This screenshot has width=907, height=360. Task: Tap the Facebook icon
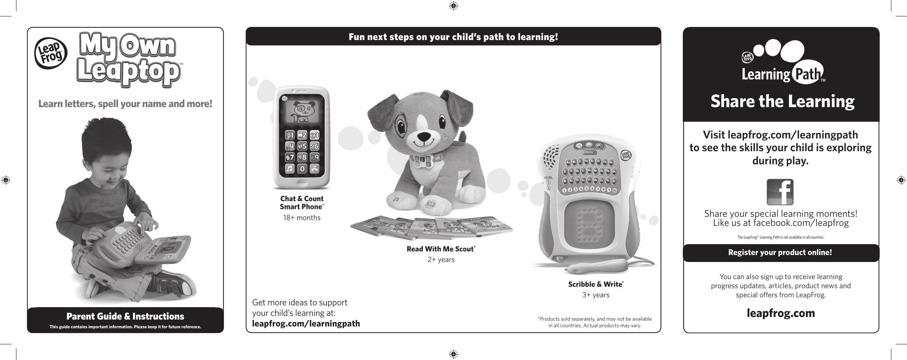tap(780, 192)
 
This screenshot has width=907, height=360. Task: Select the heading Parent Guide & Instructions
tap(125, 316)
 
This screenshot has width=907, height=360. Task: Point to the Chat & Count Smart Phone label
tap(302, 203)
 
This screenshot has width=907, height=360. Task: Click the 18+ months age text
tap(302, 218)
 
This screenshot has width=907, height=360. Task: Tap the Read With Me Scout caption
tap(441, 249)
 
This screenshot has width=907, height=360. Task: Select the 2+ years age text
tap(441, 260)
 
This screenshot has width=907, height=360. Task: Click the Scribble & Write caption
tap(596, 284)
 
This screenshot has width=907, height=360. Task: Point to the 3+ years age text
tap(596, 295)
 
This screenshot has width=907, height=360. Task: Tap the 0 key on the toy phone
tap(302, 169)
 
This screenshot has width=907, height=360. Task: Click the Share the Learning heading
tap(782, 101)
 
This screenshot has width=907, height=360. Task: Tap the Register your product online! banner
tap(780, 252)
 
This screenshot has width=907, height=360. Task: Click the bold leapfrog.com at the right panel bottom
tap(781, 313)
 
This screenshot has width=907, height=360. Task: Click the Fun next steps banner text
tap(453, 37)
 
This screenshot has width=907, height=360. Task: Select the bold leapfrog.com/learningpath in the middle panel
tap(306, 324)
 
